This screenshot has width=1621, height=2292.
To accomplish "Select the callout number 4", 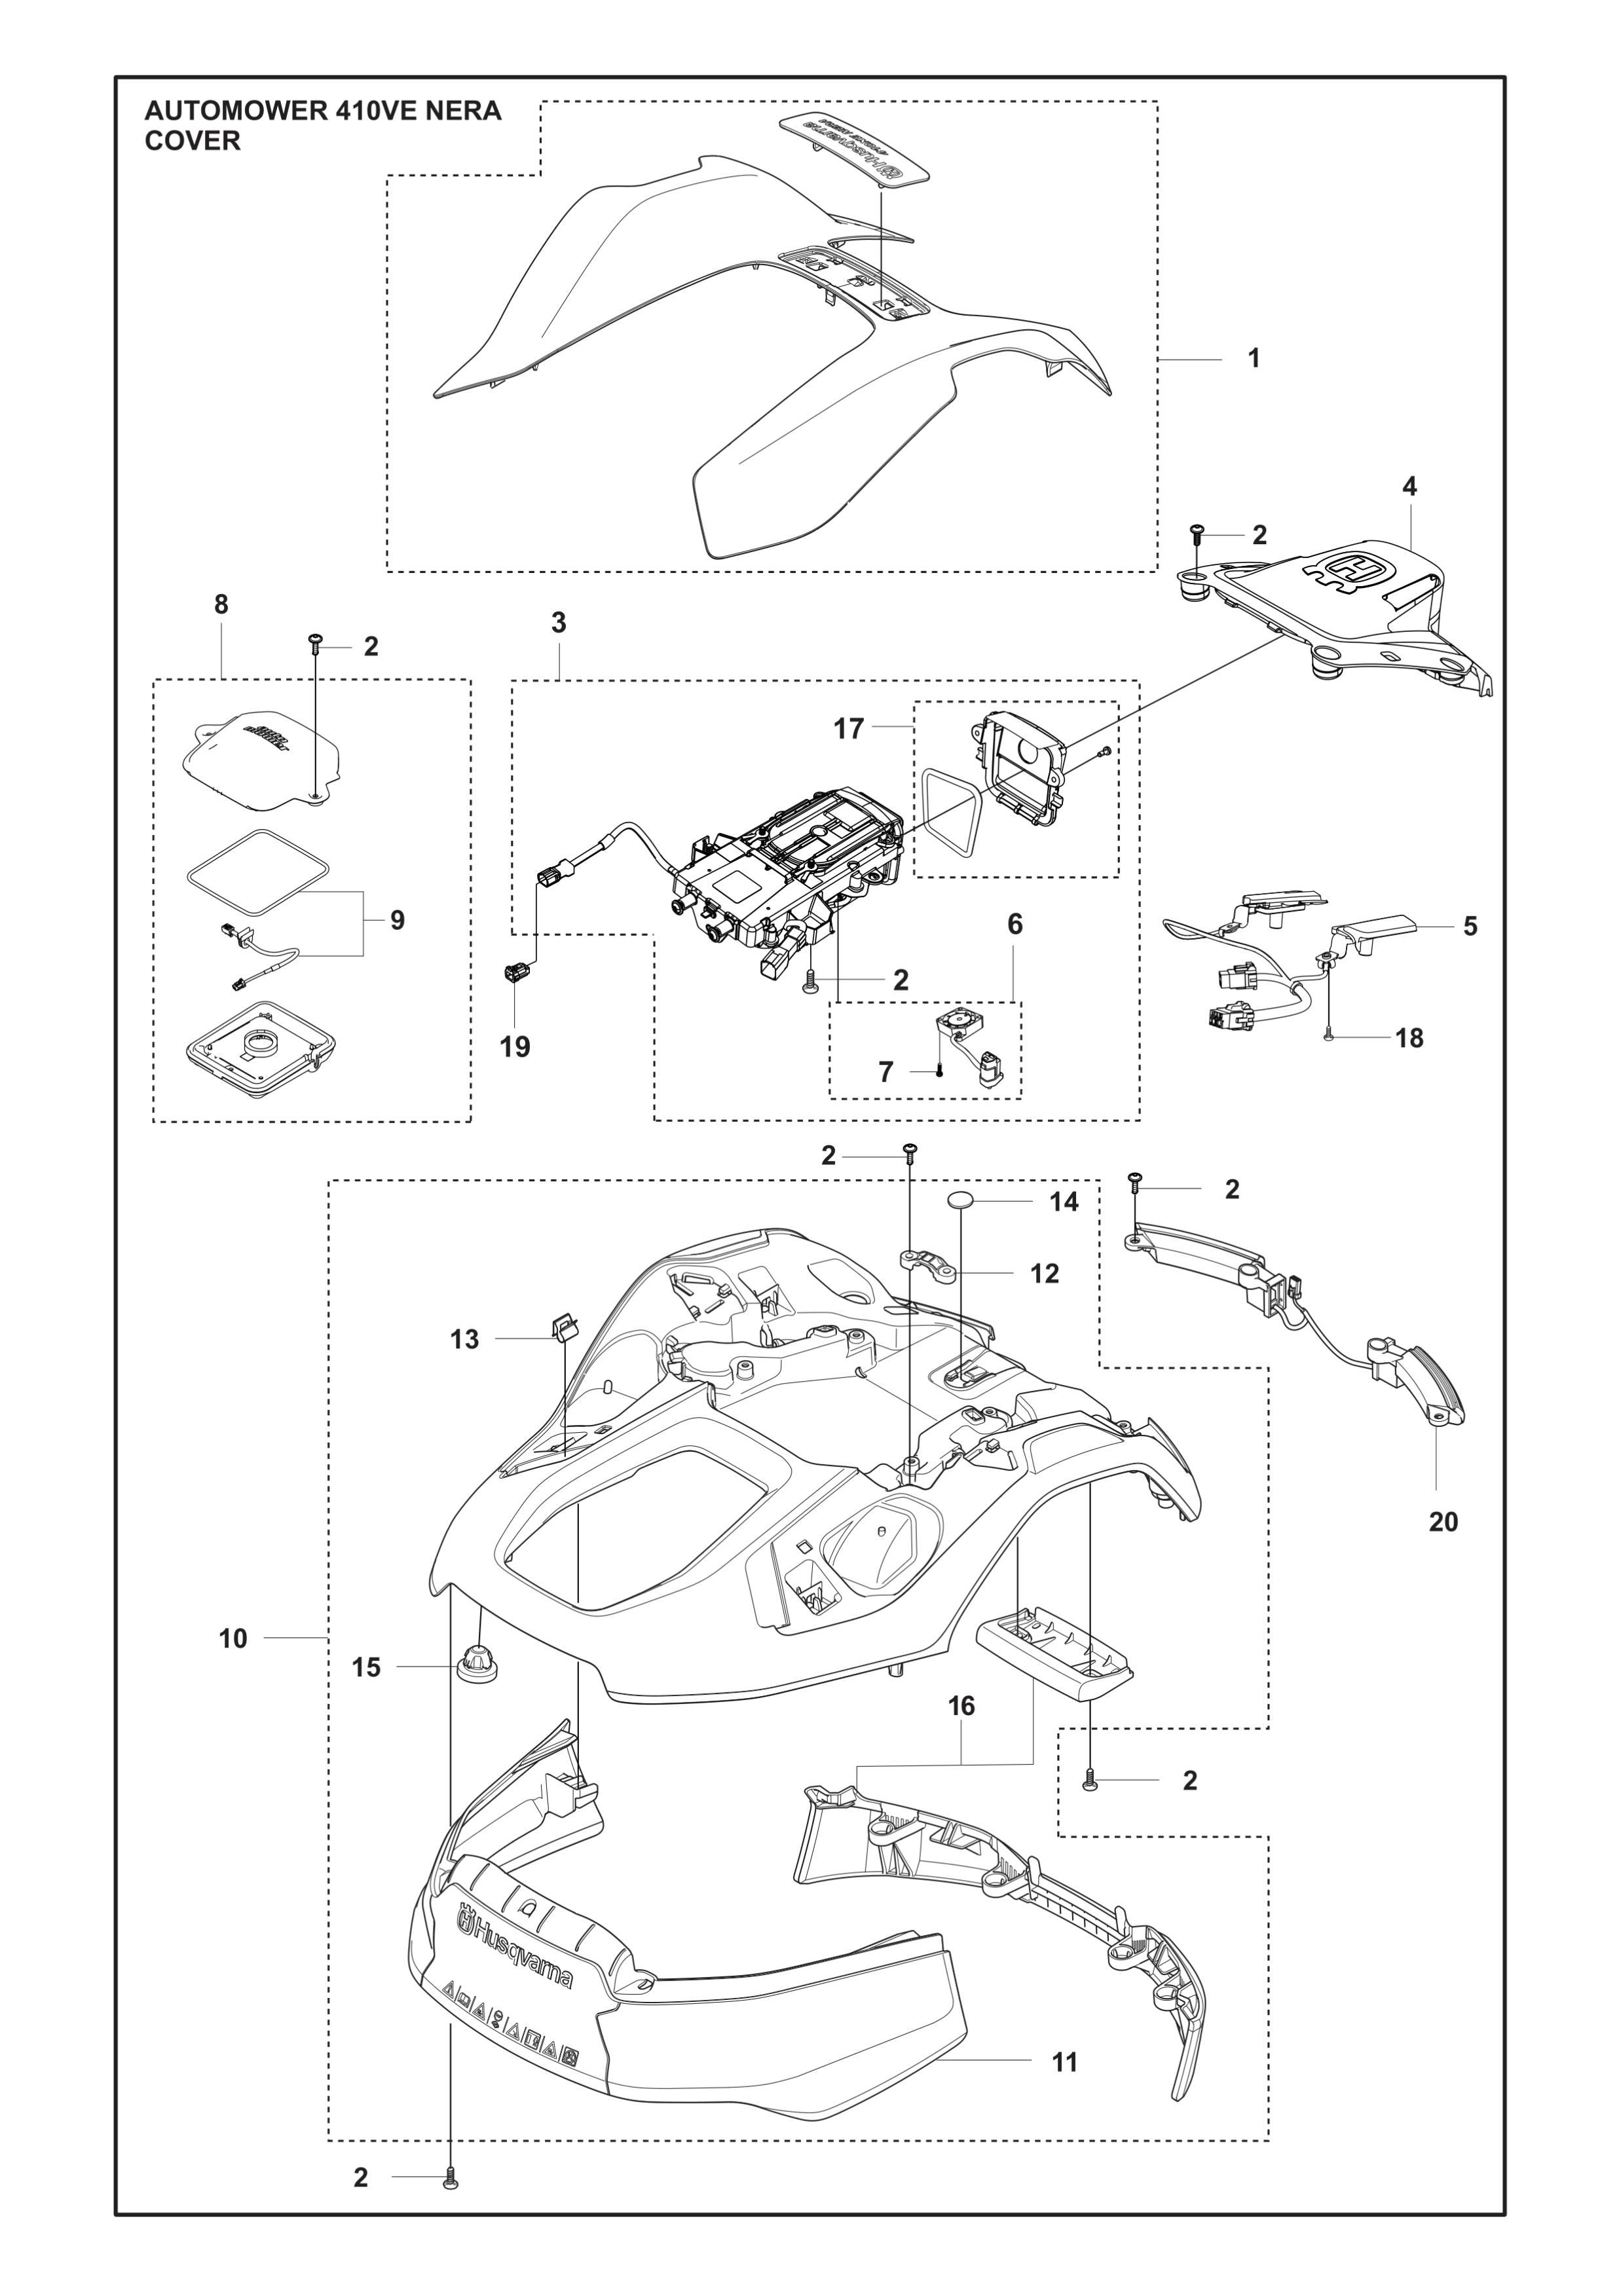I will pos(1409,487).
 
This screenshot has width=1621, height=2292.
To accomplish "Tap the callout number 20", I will pos(1444,1523).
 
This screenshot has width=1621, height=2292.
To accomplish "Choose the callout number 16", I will pos(961,1706).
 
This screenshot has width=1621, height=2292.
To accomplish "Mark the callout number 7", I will pos(885,1072).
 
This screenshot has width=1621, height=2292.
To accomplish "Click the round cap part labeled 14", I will pos(960,1201).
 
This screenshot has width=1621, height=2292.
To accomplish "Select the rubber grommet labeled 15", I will pos(479,1664).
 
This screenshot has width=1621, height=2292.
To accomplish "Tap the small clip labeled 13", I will pos(564,1327).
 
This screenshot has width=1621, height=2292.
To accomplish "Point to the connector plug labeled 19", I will pos(517,970).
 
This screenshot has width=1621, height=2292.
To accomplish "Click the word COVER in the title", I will pos(193,141).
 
